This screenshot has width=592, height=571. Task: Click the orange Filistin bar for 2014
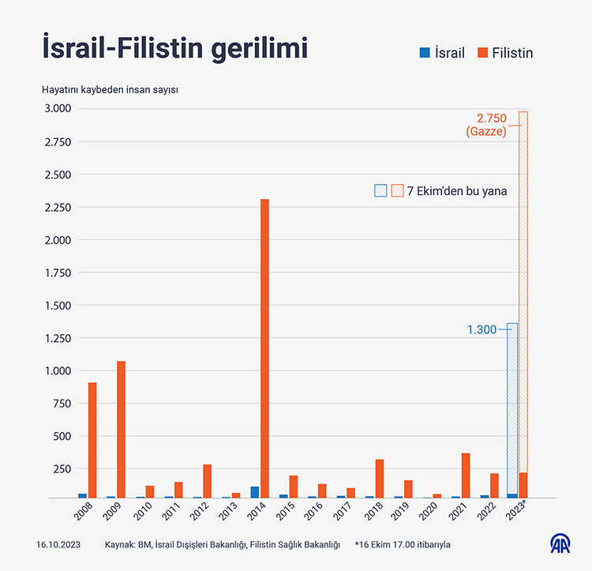tap(264, 348)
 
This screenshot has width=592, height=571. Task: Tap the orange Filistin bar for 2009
tap(121, 430)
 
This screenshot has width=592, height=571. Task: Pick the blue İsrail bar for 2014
tap(254, 492)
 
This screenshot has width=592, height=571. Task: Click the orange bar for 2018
tap(380, 479)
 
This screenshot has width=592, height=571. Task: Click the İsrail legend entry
tap(441, 53)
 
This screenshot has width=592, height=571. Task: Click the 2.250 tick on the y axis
tap(57, 208)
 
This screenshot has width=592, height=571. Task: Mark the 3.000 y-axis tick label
tap(57, 108)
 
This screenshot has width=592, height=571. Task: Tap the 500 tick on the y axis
tap(62, 436)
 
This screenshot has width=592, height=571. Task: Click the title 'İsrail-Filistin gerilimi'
tap(174, 48)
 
